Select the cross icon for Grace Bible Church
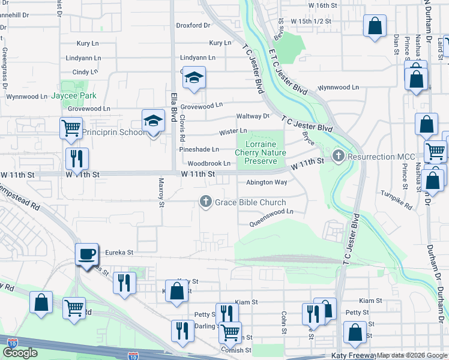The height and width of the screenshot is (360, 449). coord(206,202)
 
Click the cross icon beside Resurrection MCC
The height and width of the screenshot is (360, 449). coord(339,157)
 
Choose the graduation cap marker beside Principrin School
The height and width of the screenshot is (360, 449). coord(153,121)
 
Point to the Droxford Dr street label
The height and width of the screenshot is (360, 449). coord(193,26)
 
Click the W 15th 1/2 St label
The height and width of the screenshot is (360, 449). coord(311,21)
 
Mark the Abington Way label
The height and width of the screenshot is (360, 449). coord(267,182)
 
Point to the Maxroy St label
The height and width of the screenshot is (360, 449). coord(161,192)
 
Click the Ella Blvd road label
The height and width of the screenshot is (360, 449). coord(174,104)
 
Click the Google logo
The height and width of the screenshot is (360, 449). coord(20,353)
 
